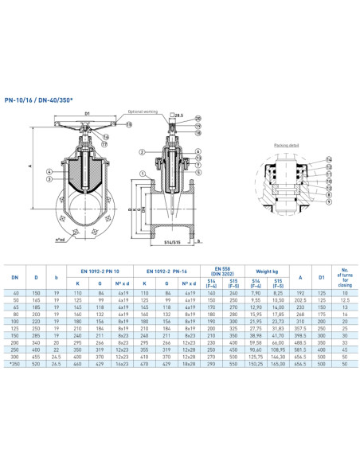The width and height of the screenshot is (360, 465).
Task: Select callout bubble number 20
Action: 198,118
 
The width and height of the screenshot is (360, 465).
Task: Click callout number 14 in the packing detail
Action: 329,159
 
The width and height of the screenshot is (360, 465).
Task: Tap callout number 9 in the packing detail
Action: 329,201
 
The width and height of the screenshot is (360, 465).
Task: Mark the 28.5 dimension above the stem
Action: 181,115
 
